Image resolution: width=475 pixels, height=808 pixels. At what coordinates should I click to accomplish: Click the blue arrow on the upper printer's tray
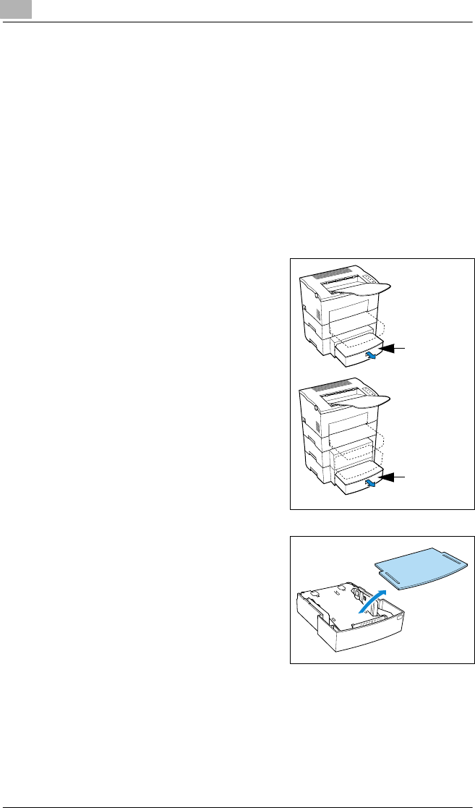pyautogui.click(x=371, y=356)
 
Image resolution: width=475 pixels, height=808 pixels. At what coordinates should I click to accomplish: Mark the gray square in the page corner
pyautogui.click(x=11, y=9)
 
